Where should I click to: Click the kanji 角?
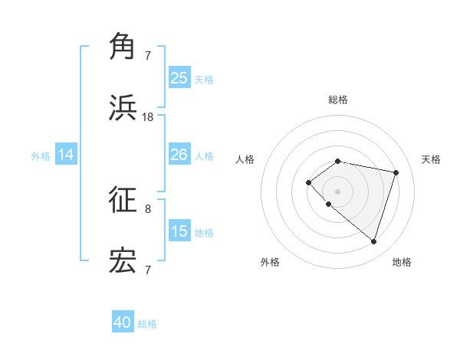123,46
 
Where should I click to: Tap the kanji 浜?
123,107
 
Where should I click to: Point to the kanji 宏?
123,260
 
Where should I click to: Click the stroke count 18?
148,117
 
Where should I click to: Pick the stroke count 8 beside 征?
148,208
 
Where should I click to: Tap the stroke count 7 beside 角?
148,56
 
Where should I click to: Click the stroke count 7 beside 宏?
148,270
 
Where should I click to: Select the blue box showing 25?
179,78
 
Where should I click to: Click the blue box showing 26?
179,155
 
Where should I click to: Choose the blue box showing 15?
179,231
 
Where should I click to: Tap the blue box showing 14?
66,155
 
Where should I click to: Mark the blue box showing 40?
123,322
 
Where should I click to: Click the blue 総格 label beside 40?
147,324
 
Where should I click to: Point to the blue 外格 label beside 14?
41,156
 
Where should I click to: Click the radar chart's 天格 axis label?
431,159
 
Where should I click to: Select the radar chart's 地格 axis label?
402,262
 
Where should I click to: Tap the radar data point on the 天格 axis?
396,172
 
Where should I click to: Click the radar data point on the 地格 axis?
373,241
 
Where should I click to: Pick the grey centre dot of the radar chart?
337,191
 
